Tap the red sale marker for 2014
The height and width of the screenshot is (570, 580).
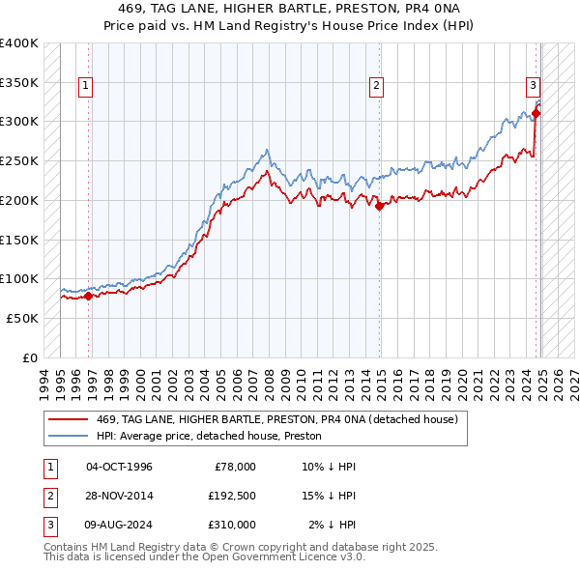coord(380,206)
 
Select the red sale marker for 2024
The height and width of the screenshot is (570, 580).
coord(536,113)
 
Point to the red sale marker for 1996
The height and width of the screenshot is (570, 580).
coord(88,296)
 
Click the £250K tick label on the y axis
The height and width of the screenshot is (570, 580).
coord(19,160)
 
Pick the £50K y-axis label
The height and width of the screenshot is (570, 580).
coord(22,318)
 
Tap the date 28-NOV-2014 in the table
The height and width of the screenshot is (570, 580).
coord(120,496)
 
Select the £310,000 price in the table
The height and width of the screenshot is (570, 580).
coord(232,525)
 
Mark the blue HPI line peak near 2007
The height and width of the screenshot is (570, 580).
coord(267,150)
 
